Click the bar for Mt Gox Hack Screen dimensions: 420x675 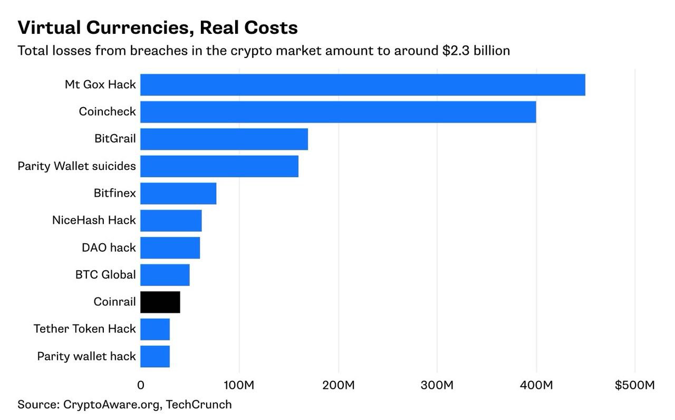point(362,85)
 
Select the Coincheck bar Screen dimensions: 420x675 point(338,112)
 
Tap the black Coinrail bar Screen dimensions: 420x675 point(160,302)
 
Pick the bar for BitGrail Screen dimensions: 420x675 point(224,139)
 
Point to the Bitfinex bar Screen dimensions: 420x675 point(178,194)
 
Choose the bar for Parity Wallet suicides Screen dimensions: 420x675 point(219,166)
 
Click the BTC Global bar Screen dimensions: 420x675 point(165,275)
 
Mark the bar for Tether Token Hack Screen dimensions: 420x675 point(155,329)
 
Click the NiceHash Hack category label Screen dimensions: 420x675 point(94,221)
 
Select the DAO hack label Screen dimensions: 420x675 point(109,248)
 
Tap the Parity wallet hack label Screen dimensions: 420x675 point(86,357)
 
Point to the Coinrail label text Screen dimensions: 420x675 point(114,302)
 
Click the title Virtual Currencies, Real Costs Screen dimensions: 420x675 point(158,27)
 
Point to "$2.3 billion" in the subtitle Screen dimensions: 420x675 point(476,51)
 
